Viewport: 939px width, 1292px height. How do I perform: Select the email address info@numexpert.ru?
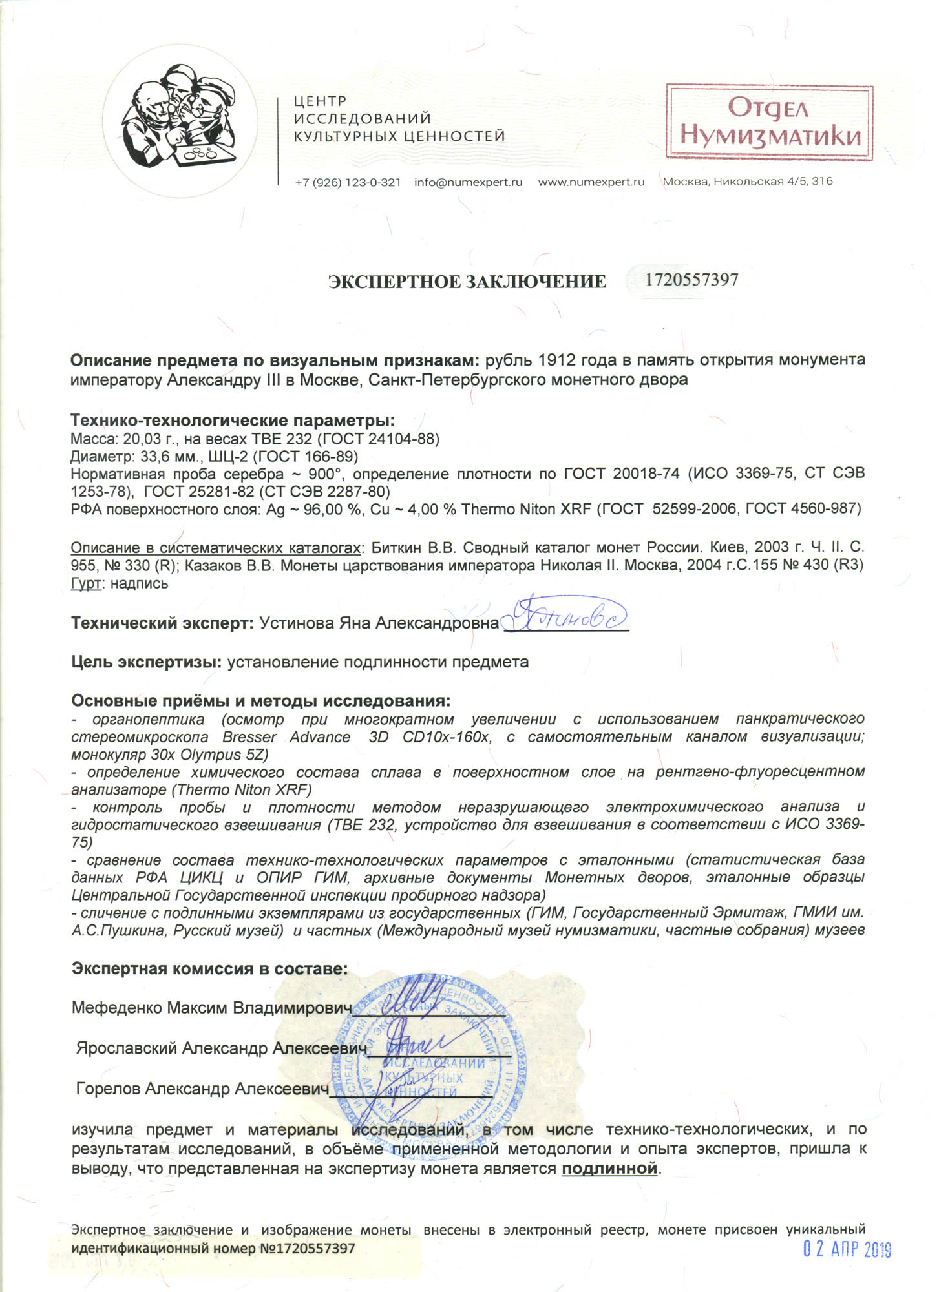pyautogui.click(x=468, y=182)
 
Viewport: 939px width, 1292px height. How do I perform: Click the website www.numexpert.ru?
pyautogui.click(x=591, y=182)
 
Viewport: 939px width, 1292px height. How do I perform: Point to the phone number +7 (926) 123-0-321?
pyautogui.click(x=348, y=182)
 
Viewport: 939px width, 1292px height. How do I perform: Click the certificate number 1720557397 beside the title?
pyautogui.click(x=691, y=280)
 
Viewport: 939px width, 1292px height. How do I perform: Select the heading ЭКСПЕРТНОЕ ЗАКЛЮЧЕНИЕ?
pyautogui.click(x=467, y=282)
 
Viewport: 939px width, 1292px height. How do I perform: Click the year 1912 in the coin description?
pyautogui.click(x=556, y=360)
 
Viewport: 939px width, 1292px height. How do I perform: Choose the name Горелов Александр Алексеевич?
pyautogui.click(x=202, y=1089)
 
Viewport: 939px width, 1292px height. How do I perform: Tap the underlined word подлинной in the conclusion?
pyautogui.click(x=609, y=1168)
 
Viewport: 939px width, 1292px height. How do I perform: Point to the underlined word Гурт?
pyautogui.click(x=86, y=583)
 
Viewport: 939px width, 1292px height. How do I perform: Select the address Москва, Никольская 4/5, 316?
pyautogui.click(x=748, y=182)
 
